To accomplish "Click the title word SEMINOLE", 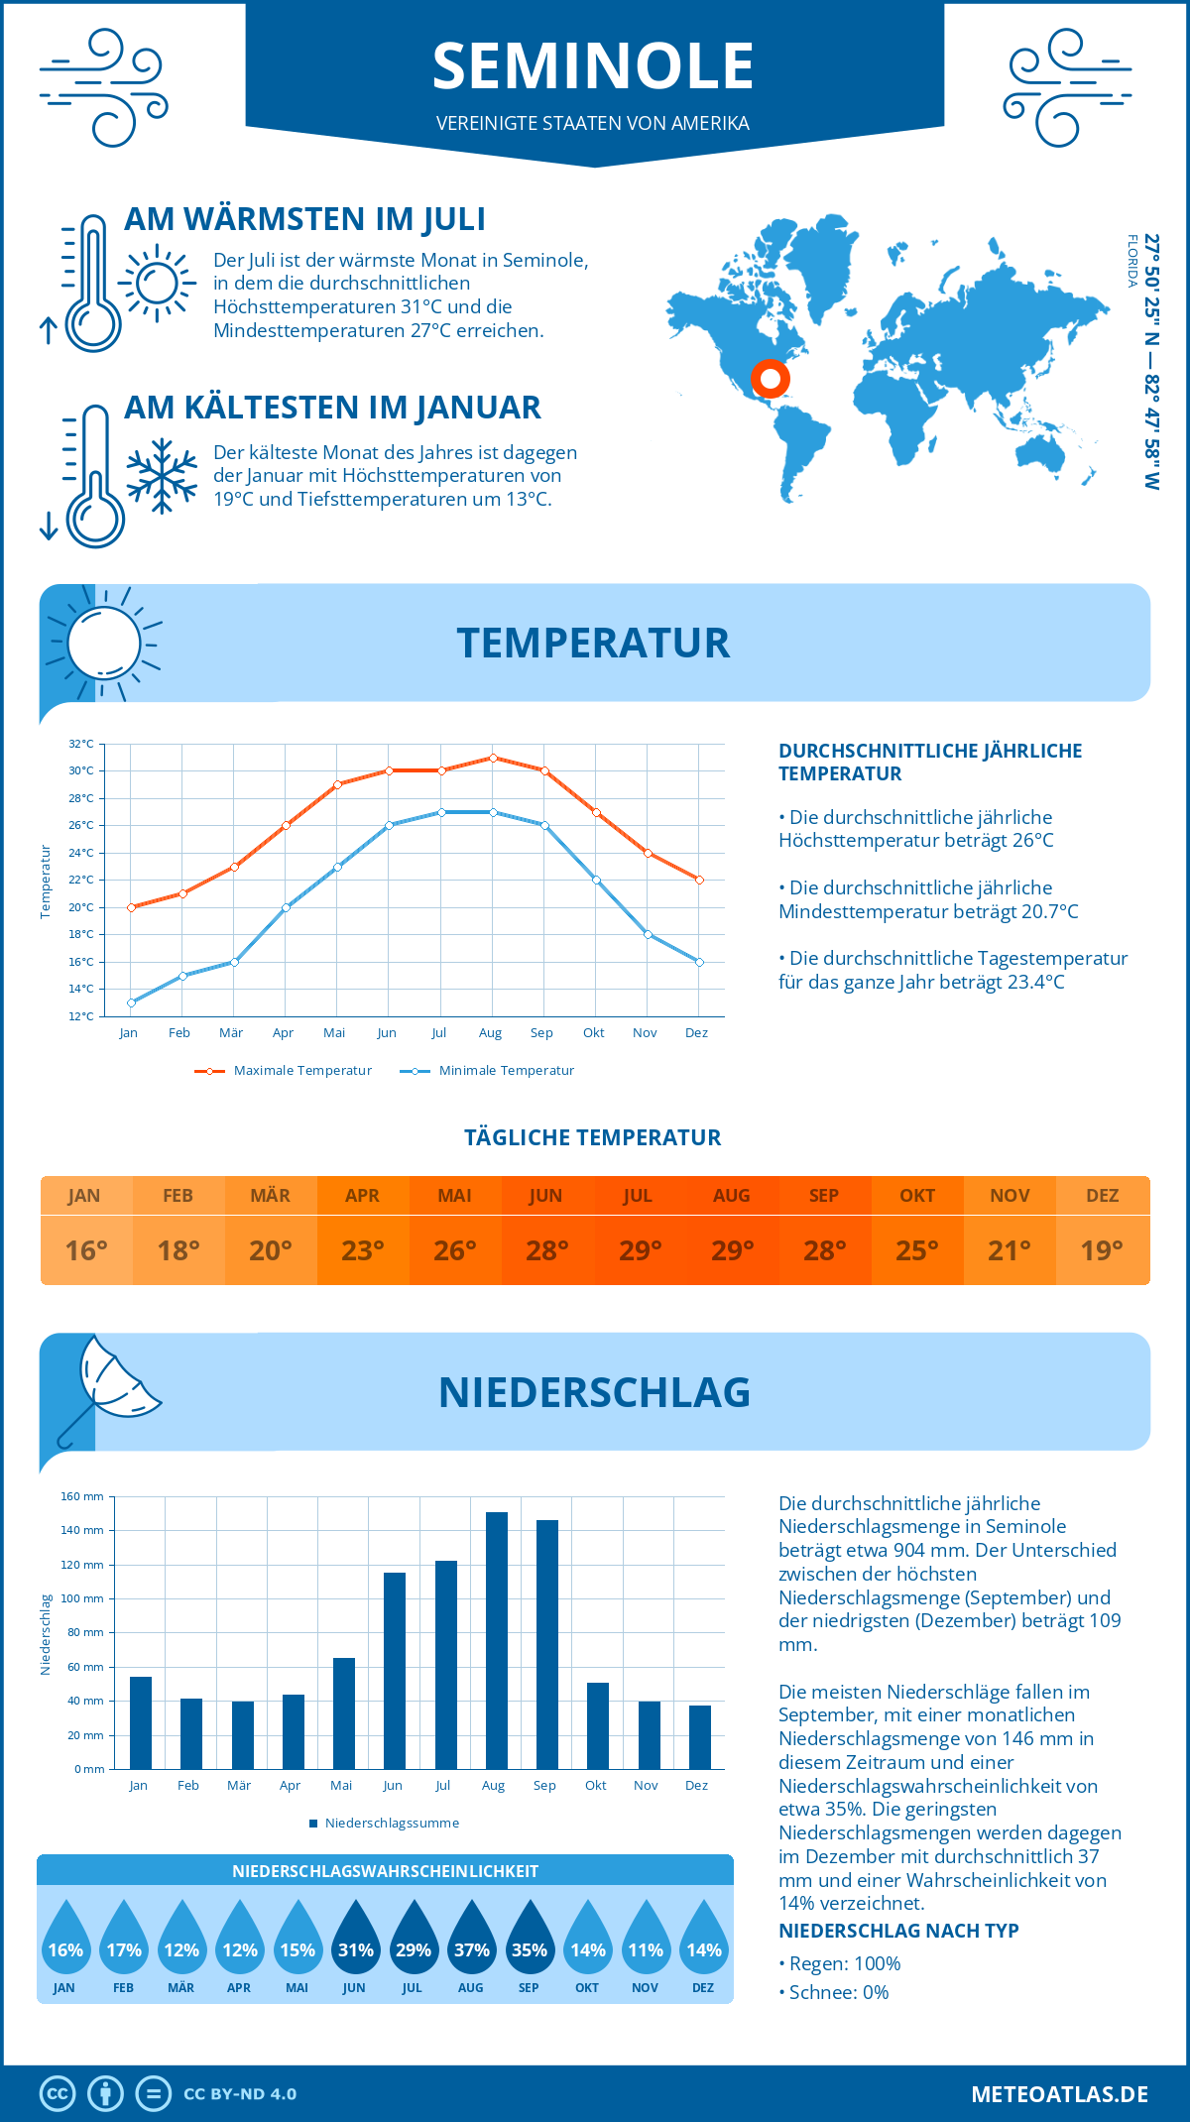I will click(x=593, y=66).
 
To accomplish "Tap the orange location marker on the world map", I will click(x=770, y=379).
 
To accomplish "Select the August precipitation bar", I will click(x=496, y=1640).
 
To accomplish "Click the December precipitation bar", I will click(x=700, y=1736).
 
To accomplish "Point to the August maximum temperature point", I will click(x=493, y=758).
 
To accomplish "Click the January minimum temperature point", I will click(x=131, y=1002).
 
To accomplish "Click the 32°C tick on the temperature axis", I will click(x=81, y=744).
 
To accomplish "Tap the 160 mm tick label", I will click(x=82, y=1496).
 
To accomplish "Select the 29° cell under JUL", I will click(x=640, y=1250).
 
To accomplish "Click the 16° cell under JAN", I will click(x=86, y=1250).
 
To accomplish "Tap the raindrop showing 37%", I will click(x=471, y=1943).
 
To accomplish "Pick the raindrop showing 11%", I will click(x=646, y=1943).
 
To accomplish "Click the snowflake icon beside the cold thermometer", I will click(x=162, y=476).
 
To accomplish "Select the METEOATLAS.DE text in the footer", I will click(x=1059, y=2094).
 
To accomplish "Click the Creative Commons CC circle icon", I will click(x=58, y=2094).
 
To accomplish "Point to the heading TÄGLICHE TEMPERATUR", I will click(x=593, y=1137).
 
